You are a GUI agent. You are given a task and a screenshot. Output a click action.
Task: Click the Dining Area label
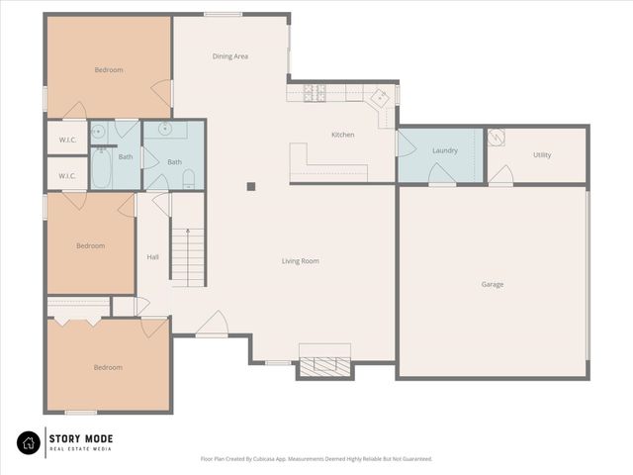point(229,56)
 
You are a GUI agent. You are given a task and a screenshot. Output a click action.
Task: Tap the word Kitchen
point(342,135)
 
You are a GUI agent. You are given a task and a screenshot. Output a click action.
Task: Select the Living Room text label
point(300,261)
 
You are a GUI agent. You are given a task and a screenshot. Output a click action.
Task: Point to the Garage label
point(493,284)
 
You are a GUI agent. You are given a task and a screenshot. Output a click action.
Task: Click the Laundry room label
point(444,150)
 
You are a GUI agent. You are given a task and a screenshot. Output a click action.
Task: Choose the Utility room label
point(542,154)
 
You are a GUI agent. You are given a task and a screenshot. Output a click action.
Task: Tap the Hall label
point(152,257)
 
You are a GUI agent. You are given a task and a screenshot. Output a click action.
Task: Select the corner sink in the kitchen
point(379,97)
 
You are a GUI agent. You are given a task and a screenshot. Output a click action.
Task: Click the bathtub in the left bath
point(101,167)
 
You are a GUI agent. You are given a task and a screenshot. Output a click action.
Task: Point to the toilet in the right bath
point(188,178)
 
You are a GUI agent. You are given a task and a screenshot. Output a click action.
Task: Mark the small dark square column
point(251,185)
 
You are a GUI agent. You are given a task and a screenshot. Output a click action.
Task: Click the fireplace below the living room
point(324,365)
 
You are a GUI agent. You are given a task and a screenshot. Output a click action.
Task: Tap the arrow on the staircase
point(187,237)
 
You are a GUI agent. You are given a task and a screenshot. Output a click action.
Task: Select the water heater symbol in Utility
point(497,137)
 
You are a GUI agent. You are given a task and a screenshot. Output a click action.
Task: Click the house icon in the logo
point(29,441)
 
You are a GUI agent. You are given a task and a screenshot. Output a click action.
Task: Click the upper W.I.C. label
point(67,140)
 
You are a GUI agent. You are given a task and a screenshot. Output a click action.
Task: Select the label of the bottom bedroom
point(108,367)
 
